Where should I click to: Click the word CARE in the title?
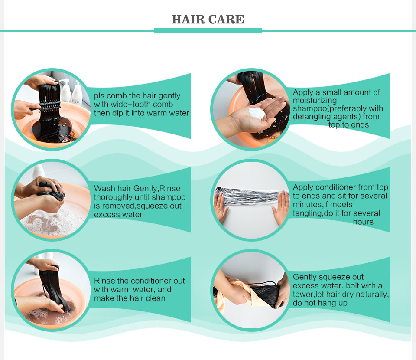[226, 20]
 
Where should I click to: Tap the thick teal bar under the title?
[208, 30]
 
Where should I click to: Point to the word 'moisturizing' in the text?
[315, 101]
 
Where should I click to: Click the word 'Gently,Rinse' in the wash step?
[156, 189]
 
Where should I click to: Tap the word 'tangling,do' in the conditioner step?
[313, 213]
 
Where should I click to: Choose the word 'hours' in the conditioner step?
[363, 222]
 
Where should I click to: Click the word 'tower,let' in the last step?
[309, 295]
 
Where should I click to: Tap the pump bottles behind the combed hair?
[71, 91]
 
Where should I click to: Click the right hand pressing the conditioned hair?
[281, 208]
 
